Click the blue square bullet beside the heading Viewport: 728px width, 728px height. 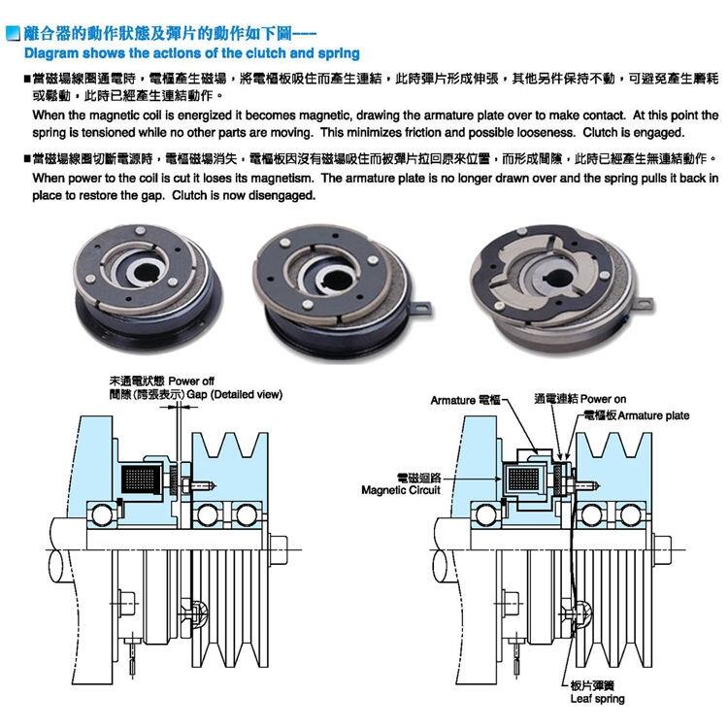coord(13,33)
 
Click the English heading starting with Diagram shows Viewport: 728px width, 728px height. coord(192,53)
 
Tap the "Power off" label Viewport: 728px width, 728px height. coord(191,381)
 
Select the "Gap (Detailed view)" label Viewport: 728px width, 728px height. coord(235,395)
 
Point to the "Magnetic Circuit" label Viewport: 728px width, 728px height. coord(401,490)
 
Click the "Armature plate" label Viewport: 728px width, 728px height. coord(653,415)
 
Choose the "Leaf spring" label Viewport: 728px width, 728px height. coord(597,699)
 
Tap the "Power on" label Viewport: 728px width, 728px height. coord(603,399)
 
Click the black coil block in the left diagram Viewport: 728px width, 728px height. coord(141,480)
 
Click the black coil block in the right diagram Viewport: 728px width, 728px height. coord(524,480)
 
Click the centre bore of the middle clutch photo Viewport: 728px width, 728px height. coord(333,279)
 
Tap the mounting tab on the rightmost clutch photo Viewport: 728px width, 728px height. coord(645,304)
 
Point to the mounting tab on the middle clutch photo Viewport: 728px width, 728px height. coord(422,309)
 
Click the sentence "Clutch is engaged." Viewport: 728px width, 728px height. coord(633,133)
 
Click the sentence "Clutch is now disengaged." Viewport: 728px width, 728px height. coord(244,195)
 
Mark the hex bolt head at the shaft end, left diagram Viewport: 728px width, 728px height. coord(279,550)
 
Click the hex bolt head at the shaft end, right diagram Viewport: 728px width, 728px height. coord(663,550)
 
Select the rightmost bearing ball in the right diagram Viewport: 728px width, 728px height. coord(630,515)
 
